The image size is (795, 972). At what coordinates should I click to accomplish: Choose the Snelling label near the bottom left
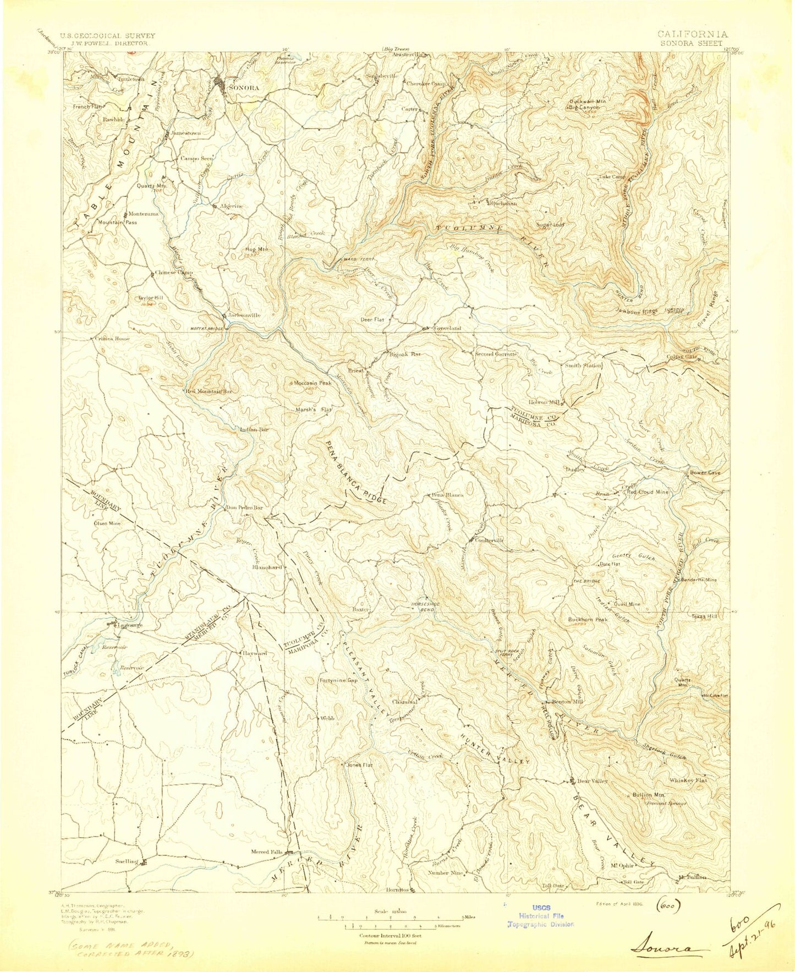tap(127, 861)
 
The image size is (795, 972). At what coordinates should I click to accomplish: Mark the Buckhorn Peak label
tap(588, 619)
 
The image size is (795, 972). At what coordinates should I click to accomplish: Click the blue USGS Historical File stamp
tap(540, 916)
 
